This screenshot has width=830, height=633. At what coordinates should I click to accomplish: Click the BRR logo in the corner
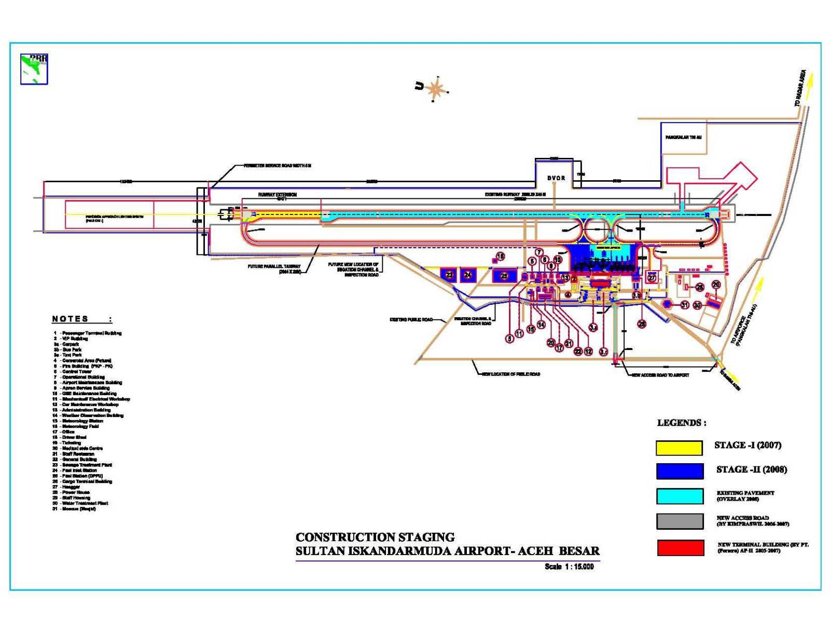coord(34,69)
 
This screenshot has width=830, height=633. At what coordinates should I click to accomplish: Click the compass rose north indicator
coord(435,88)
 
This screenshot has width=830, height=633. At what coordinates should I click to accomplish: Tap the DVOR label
coord(556,178)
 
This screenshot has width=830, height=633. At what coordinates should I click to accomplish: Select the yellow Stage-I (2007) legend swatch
coord(679,448)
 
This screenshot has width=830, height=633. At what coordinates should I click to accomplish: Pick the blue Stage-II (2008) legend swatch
coord(680,471)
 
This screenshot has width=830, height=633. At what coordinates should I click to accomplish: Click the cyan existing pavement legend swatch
coord(680,496)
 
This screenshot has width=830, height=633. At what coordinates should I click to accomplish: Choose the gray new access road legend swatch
coord(680,521)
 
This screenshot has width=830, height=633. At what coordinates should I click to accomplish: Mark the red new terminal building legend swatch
coord(680,548)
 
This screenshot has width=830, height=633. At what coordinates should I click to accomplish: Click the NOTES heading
coord(71,319)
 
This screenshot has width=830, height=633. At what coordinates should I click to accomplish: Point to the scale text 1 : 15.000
coord(569,567)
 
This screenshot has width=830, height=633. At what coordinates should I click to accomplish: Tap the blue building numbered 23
coord(449,275)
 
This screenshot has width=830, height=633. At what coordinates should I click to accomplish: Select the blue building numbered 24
coord(468,275)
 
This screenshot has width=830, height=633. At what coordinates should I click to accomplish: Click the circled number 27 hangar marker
coord(652,278)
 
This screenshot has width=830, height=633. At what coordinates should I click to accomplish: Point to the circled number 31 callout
coord(685,305)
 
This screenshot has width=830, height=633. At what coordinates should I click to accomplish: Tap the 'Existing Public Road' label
coord(411,320)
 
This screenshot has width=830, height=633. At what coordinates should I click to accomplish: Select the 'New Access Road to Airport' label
coord(660,375)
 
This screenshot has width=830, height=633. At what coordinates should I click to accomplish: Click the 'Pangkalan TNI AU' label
coord(684,138)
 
